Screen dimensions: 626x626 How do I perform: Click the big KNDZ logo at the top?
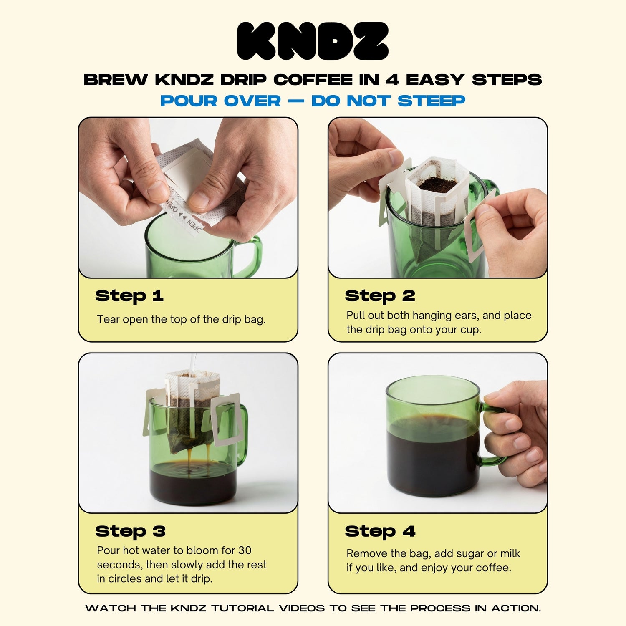pos(313,41)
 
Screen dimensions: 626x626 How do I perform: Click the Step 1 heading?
pos(129,296)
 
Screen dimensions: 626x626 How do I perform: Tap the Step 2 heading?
pos(380,296)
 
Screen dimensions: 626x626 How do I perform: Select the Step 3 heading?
pos(130,531)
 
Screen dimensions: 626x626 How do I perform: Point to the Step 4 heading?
pos(380,531)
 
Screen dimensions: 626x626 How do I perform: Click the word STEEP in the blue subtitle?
pos(432,101)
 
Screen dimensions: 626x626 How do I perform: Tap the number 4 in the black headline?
pos(392,79)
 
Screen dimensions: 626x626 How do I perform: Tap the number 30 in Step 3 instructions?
pos(245,550)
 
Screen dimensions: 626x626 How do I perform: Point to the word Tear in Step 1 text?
pos(109,319)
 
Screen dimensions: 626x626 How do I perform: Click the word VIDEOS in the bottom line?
pos(302,608)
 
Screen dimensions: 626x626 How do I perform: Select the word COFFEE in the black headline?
pos(313,79)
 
